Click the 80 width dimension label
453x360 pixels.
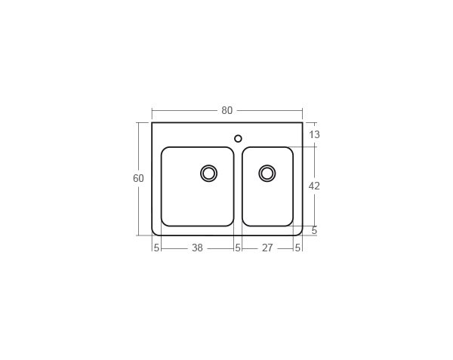click(226, 110)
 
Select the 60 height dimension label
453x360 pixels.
click(138, 179)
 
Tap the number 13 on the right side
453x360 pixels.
click(315, 135)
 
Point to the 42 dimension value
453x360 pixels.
click(315, 186)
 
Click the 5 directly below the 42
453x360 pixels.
click(314, 230)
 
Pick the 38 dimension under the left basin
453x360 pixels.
click(197, 248)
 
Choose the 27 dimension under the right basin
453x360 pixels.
click(267, 248)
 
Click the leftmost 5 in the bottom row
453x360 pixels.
click(156, 248)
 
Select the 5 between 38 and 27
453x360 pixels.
click(237, 248)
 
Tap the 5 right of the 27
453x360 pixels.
click(297, 248)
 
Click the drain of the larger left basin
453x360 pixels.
click(209, 173)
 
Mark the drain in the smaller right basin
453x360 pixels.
click(267, 173)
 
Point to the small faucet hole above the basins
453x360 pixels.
click(238, 138)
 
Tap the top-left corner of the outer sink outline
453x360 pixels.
click(153, 123)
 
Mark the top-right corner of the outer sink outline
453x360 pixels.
click(302, 123)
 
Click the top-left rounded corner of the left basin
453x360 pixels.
click(165, 150)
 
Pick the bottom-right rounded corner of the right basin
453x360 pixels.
click(290, 223)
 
